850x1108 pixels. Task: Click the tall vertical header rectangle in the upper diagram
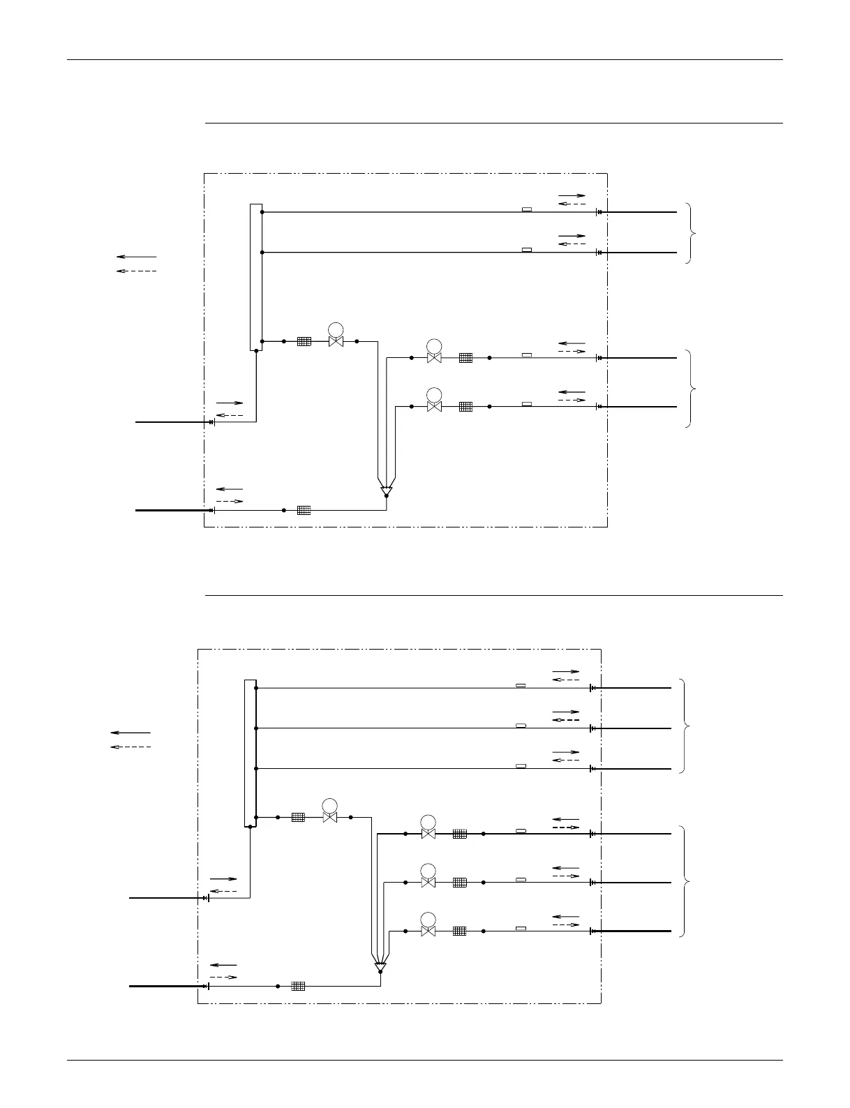(x=256, y=277)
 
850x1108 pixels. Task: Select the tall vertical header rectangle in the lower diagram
(x=250, y=752)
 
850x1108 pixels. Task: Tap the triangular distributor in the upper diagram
(x=386, y=491)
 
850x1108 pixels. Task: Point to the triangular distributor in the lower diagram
(x=380, y=967)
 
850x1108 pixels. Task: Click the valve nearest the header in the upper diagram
(x=336, y=341)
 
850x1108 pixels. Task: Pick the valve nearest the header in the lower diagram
(x=330, y=817)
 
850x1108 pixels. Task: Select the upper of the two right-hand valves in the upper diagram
(x=434, y=357)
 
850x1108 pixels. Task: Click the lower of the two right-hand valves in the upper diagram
(x=434, y=406)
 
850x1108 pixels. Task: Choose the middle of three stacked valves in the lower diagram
(x=428, y=882)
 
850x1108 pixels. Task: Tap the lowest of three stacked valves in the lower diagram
(x=428, y=931)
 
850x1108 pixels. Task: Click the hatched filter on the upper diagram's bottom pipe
(x=304, y=510)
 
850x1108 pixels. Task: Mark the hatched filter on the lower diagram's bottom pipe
(x=298, y=986)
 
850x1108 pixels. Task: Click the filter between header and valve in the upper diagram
(x=304, y=341)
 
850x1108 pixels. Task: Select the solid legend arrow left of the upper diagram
(x=136, y=257)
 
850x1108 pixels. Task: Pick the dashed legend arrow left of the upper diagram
(x=136, y=270)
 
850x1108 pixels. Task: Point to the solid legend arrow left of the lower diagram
(x=131, y=733)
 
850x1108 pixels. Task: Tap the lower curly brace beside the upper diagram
(x=690, y=388)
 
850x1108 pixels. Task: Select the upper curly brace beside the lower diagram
(x=685, y=726)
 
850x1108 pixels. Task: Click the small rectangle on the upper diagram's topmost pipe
(x=527, y=209)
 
